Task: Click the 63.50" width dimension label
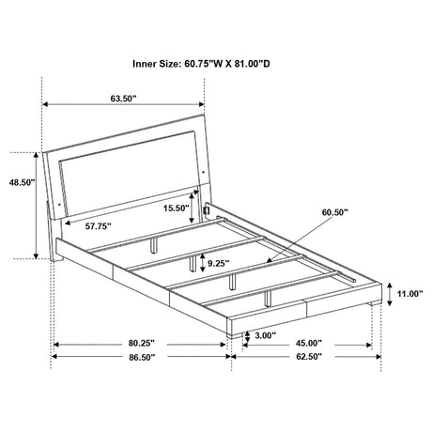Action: (x=123, y=98)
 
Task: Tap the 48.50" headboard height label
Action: (x=22, y=182)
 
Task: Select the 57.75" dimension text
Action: (x=99, y=225)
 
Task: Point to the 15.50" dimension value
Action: (x=176, y=208)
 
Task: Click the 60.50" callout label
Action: (x=335, y=212)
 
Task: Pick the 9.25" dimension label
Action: (x=219, y=263)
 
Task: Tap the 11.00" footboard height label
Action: (x=410, y=293)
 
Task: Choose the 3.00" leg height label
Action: (x=265, y=335)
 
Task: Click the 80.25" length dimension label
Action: (x=142, y=343)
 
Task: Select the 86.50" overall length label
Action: (x=142, y=357)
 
